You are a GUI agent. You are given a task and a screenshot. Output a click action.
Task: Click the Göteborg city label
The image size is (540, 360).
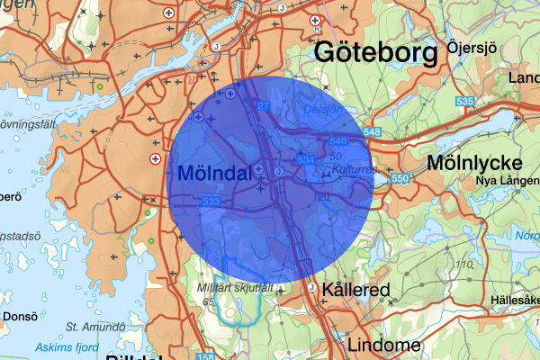[374, 53]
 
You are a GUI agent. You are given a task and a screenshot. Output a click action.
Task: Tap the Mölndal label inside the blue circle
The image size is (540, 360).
[214, 173]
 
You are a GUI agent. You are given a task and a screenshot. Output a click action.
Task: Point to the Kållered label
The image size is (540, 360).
[355, 291]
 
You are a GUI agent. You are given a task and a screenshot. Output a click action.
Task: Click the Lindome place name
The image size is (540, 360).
[384, 345]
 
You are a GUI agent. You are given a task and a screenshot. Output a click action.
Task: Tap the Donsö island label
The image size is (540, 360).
[20, 316]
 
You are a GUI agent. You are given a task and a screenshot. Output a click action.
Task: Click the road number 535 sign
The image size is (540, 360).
[464, 102]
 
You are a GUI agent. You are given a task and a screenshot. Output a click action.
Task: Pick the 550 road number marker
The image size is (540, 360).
[400, 179]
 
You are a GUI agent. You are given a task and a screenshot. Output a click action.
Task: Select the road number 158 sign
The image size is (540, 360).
[171, 356]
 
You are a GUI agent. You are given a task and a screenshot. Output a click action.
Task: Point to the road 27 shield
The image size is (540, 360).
[264, 106]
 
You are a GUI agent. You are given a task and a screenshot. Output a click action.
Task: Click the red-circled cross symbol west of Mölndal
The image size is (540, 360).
[156, 159]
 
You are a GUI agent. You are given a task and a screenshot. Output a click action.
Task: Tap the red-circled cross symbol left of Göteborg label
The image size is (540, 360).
[314, 20]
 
